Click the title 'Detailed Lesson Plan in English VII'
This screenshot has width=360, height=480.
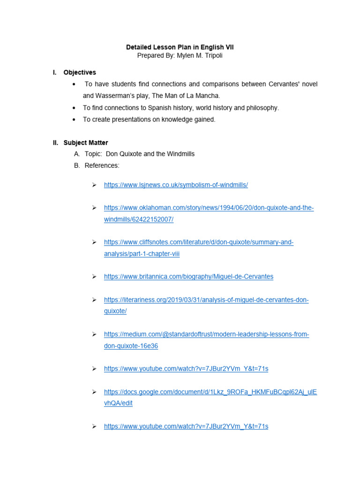coord(180,47)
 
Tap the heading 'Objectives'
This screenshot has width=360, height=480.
coord(80,72)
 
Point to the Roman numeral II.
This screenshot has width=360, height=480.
coord(55,142)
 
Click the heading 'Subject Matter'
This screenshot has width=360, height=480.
coord(86,142)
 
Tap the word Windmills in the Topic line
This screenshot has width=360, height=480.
coord(180,154)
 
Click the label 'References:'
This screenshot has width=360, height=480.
coord(102,165)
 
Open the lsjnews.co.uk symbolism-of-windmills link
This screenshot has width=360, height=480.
coord(176,185)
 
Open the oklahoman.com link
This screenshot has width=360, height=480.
coord(209,208)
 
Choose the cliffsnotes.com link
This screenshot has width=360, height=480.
coord(199,242)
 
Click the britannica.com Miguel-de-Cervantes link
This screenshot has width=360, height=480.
coord(188,277)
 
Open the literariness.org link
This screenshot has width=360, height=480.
coord(206,300)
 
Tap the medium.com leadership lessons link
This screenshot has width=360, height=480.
coord(206,334)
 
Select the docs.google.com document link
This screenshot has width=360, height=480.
coord(210,392)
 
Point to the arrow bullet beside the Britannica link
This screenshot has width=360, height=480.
coord(94,277)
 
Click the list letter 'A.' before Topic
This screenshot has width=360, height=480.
coord(77,154)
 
